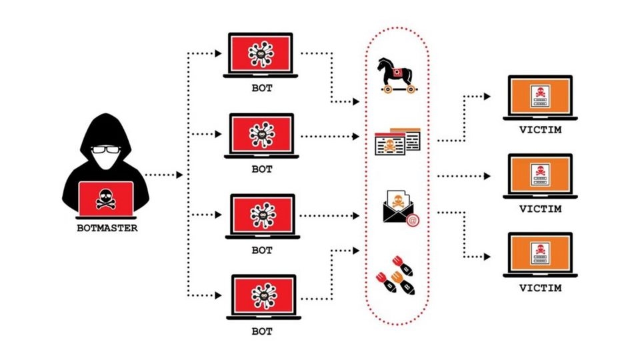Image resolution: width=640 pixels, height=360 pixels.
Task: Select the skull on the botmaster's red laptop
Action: pyautogui.click(x=106, y=197)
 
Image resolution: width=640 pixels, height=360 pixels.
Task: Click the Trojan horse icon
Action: pyautogui.click(x=396, y=74)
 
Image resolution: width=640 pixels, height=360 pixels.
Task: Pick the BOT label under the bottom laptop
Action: pyautogui.click(x=262, y=331)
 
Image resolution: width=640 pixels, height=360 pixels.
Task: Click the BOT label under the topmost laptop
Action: pyautogui.click(x=262, y=88)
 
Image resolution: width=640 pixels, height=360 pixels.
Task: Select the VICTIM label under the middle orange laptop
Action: pyautogui.click(x=539, y=209)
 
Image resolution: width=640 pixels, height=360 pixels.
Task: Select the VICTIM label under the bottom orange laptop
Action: pyautogui.click(x=539, y=288)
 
